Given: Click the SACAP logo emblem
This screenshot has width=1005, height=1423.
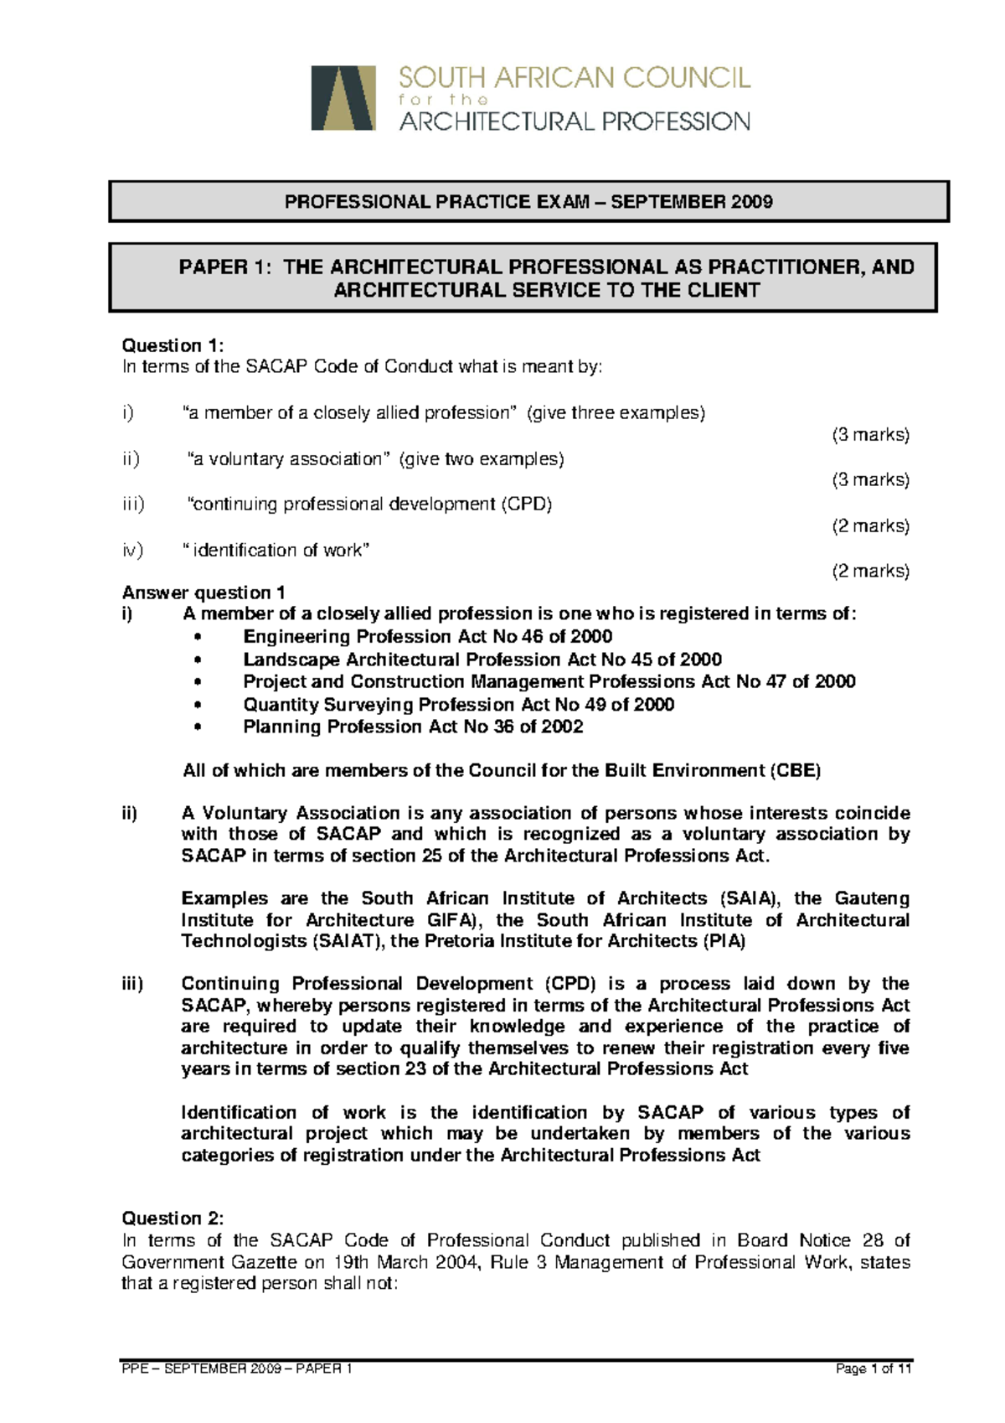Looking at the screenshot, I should (x=343, y=98).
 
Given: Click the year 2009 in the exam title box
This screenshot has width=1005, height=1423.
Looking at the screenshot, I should (x=751, y=202).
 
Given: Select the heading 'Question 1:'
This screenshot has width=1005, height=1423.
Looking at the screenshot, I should (x=173, y=345).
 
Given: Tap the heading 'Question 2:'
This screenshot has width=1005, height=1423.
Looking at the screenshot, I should (x=173, y=1219).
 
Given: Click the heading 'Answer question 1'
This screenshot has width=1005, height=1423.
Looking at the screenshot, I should (x=204, y=592).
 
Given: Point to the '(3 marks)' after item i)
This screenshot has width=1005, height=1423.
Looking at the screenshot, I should (x=870, y=435).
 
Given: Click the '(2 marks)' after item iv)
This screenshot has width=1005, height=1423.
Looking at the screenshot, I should (x=870, y=572).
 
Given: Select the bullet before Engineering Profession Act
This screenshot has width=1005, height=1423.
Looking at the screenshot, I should (x=198, y=638).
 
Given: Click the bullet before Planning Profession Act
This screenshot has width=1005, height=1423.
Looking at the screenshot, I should (x=198, y=727).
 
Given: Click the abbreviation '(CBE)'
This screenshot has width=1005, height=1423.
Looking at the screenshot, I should (x=795, y=771).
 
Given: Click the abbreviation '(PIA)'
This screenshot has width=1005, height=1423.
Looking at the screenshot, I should (x=724, y=941).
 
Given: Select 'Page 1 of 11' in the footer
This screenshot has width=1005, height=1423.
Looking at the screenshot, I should (x=874, y=1369).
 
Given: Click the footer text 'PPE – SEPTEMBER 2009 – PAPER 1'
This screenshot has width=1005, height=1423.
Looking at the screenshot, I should (x=237, y=1369).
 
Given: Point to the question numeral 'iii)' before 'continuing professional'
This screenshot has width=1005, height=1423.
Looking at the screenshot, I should (x=132, y=504).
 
